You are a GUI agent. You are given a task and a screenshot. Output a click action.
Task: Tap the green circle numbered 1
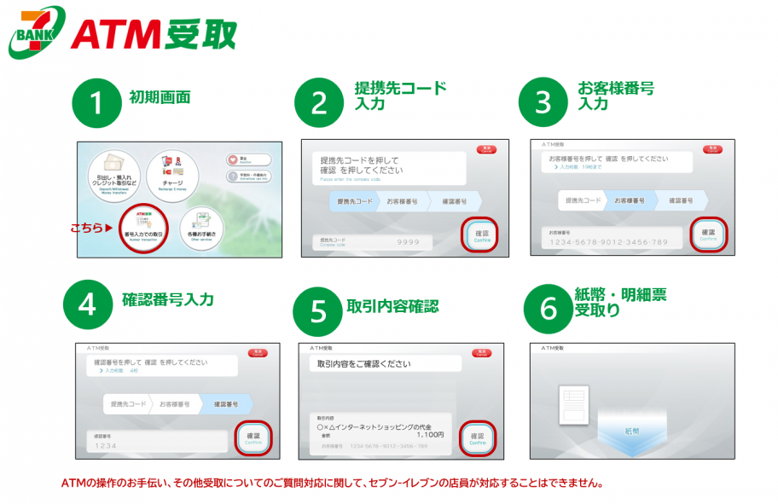point(96,102)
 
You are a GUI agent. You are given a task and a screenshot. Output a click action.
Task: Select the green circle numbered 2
point(319,103)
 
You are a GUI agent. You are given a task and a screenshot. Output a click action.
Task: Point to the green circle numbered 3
point(543,102)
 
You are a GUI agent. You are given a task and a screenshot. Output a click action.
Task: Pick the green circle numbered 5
point(316,310)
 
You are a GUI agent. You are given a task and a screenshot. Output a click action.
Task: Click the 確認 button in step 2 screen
point(482,235)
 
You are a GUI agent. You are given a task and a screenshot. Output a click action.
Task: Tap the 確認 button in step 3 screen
point(708,235)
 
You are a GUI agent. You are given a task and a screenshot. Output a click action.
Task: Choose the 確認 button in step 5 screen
point(477,438)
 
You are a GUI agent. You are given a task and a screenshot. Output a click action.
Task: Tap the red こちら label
point(88,229)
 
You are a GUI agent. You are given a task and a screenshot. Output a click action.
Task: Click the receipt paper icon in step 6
point(574,408)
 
